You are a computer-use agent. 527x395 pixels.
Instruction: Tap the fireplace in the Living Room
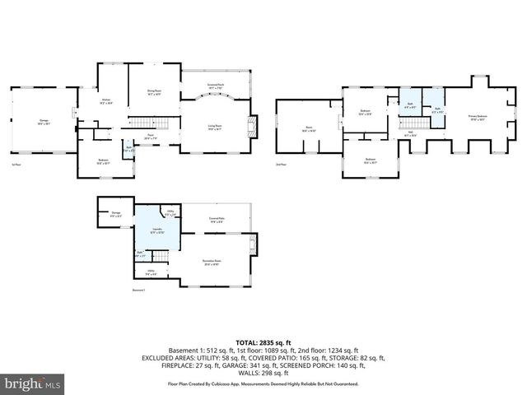254,127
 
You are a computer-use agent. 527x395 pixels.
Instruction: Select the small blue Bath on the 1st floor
128,151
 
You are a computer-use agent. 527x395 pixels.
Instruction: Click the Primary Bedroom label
479,118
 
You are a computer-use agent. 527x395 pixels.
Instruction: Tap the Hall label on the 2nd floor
409,133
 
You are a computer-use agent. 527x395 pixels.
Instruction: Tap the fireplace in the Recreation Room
254,244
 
